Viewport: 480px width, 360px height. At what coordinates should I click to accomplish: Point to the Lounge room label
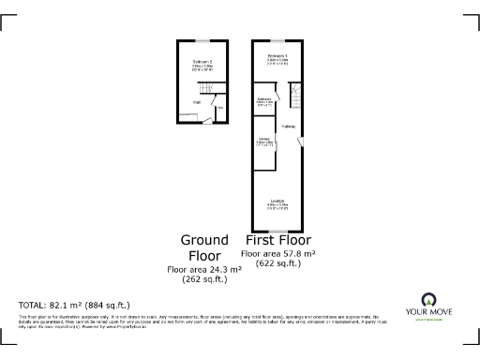coord(277,202)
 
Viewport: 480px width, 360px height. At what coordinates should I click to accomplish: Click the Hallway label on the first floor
coord(289,127)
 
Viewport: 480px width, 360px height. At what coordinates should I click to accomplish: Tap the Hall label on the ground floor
coord(197,102)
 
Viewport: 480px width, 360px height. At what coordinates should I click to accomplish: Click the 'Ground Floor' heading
coord(203,247)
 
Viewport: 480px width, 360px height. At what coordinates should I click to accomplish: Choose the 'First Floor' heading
coord(277,240)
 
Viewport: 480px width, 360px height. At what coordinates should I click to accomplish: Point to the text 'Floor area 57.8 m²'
coord(277,254)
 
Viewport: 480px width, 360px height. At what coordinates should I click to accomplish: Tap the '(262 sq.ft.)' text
coord(203,278)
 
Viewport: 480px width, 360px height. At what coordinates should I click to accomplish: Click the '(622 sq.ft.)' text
coord(277,263)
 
